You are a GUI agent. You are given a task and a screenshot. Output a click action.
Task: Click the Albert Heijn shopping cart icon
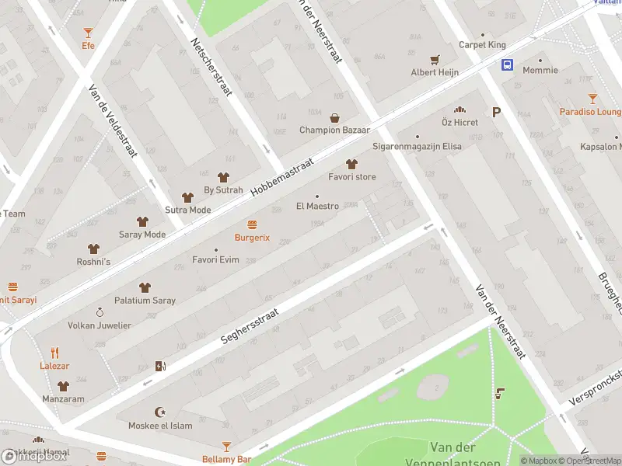point(435,59)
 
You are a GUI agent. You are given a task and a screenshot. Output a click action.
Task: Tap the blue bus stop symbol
point(507,64)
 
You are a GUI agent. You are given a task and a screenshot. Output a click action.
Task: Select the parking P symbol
point(496,112)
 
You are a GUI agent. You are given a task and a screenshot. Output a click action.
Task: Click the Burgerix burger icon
point(252,224)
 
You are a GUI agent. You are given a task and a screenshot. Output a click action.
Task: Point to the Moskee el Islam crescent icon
point(161,412)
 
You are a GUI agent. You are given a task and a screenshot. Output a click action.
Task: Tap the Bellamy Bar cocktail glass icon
point(226,447)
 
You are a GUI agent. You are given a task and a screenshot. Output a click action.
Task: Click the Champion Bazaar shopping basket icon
point(334,118)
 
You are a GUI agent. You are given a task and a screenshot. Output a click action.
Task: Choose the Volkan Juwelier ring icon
point(100,312)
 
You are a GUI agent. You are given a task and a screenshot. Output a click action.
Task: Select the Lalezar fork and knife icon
point(54,353)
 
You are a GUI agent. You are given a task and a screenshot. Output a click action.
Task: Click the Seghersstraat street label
point(254,324)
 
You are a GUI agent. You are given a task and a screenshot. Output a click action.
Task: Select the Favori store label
point(351,177)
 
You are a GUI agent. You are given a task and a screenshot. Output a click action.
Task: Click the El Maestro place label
point(317,207)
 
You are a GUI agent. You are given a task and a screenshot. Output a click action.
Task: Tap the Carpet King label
point(482,45)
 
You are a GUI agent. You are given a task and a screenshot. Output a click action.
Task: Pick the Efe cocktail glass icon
point(88,32)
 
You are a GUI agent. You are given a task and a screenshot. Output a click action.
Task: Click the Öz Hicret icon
point(460,110)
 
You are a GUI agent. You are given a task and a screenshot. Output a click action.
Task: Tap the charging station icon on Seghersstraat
point(160,366)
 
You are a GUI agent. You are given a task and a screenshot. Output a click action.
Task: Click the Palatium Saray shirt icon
point(145,287)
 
